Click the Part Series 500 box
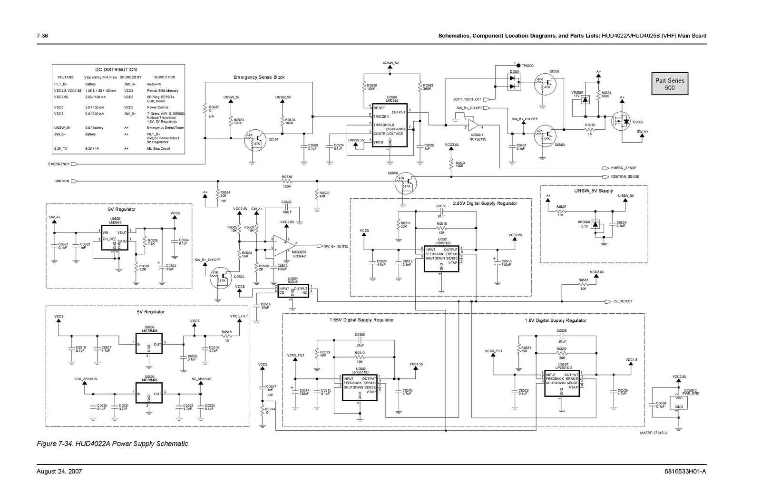coord(669,84)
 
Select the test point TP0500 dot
coord(518,65)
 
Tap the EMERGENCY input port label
coord(59,164)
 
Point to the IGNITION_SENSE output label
coord(624,176)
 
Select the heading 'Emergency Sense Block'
coord(259,77)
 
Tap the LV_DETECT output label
coord(623,301)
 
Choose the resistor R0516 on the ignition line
coord(286,181)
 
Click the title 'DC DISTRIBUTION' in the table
coord(116,69)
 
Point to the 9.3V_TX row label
coord(60,148)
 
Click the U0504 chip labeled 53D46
coord(293,290)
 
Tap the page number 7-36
coord(43,36)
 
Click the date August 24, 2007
coord(59,471)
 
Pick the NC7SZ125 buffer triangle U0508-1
coord(473,126)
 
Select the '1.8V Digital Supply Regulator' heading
coord(555,320)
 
